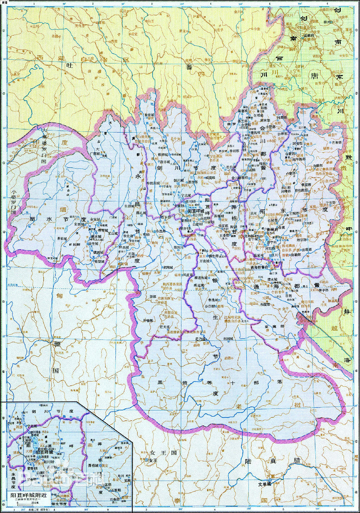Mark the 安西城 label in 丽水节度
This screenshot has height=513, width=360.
tap(80, 224)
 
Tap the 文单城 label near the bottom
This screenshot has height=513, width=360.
tap(265, 493)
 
